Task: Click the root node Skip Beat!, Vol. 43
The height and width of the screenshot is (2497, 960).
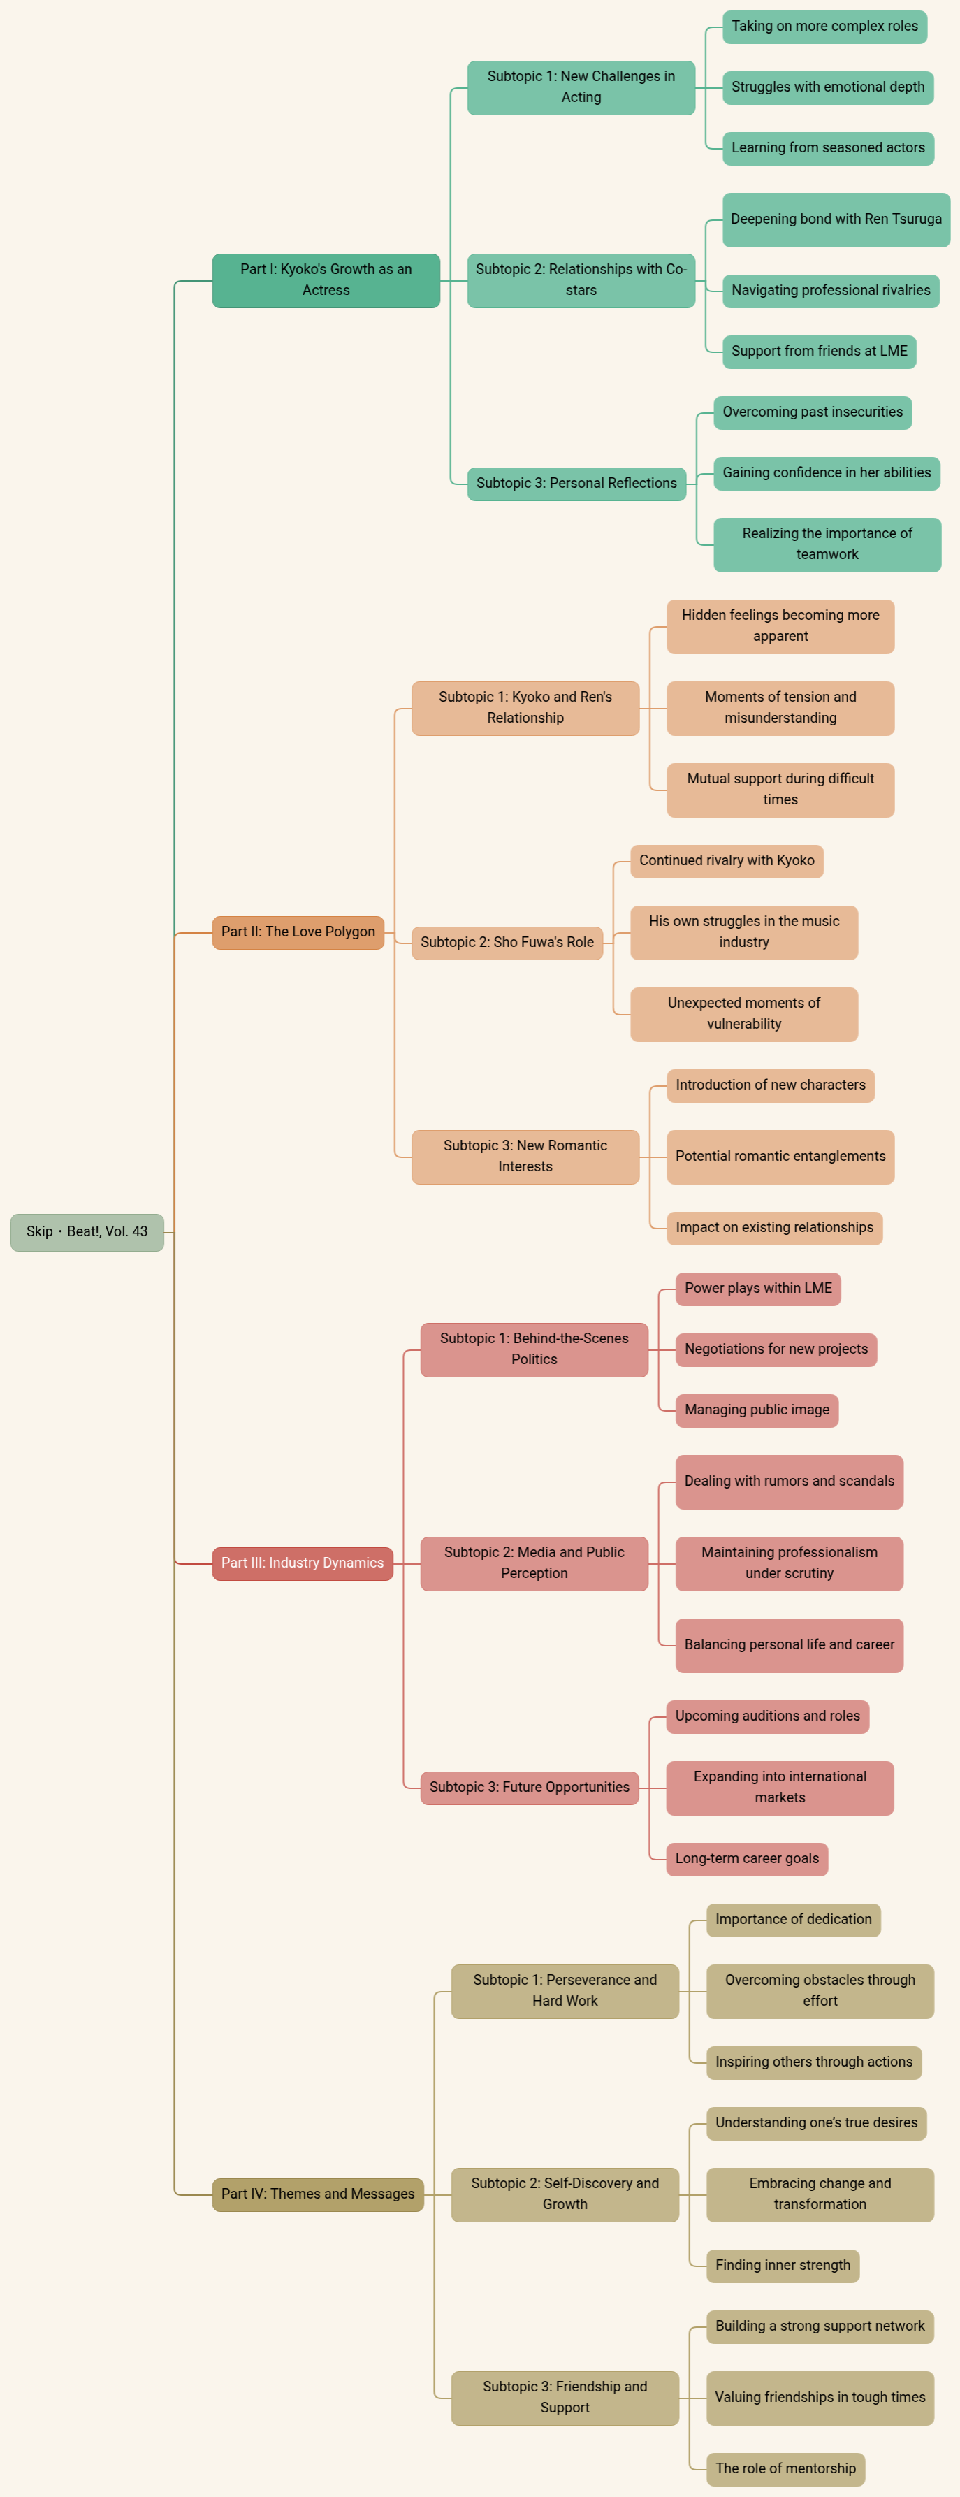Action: coord(87,1232)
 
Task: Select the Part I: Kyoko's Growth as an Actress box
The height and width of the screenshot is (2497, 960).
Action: coord(326,280)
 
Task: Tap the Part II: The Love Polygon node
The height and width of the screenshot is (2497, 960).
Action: coord(298,932)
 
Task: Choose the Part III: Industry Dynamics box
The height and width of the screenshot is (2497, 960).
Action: coord(303,1563)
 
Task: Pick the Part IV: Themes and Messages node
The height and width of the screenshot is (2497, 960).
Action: coord(318,2194)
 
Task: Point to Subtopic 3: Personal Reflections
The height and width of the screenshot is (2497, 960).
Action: coord(576,484)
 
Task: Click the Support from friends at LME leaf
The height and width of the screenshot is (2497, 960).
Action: coord(819,352)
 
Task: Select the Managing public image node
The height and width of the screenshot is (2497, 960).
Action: coord(757,1410)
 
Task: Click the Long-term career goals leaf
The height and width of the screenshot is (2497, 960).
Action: coord(746,1859)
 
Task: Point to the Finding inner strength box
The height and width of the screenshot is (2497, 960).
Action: coord(782,2265)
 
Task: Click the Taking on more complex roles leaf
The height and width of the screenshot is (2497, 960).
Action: coord(824,26)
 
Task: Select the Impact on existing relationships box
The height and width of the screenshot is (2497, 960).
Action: coord(774,1228)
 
